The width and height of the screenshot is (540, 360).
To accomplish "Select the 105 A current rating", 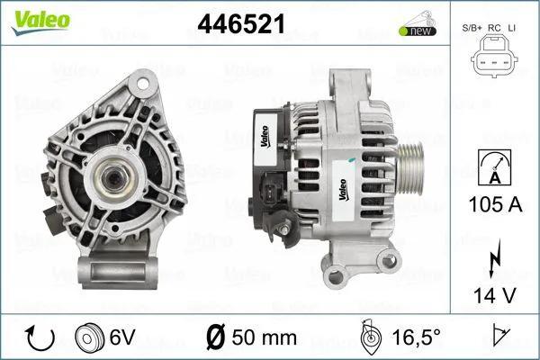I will [495, 205].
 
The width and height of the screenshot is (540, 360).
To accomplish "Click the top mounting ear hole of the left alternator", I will [138, 85].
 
